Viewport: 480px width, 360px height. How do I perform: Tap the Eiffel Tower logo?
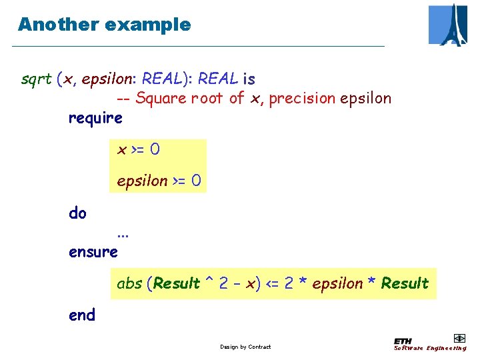point(447,25)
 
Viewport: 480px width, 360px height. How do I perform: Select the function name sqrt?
point(36,79)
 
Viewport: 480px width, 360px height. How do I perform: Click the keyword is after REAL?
point(249,79)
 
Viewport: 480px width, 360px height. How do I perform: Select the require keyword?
point(95,118)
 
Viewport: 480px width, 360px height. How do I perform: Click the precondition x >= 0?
point(138,149)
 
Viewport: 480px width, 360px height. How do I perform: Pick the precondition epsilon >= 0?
point(158,181)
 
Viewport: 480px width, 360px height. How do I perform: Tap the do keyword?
point(77,213)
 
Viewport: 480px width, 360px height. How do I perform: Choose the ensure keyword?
point(93,252)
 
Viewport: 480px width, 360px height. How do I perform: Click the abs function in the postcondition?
point(129,283)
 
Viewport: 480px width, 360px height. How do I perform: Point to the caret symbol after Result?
point(209,281)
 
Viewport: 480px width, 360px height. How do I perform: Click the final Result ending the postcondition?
point(405,283)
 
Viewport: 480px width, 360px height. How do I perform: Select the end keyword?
point(82,315)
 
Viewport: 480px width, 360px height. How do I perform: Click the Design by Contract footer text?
point(245,347)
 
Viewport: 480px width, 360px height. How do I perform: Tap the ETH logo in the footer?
point(403,340)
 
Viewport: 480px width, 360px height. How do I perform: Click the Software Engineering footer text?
point(430,348)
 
